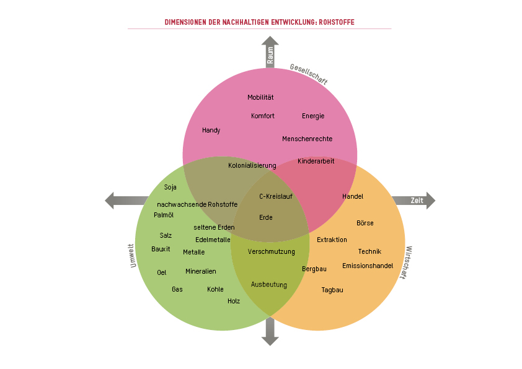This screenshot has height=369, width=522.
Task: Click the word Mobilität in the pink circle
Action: pos(260,97)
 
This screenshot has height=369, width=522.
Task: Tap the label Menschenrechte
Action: pos(307,139)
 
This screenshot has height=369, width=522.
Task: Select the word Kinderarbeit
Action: pos(316,161)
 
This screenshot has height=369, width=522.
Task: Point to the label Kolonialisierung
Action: pos(252,165)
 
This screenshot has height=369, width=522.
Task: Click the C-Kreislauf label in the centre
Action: pos(275,196)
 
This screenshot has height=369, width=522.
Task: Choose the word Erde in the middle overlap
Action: pos(265,217)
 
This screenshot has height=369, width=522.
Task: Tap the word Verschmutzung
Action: pos(271,251)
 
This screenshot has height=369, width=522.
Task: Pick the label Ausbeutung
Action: pos(268,284)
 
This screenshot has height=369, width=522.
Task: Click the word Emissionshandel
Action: pos(368,266)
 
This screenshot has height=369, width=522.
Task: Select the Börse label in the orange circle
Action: pos(365,223)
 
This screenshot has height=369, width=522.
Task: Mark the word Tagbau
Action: pos(332,290)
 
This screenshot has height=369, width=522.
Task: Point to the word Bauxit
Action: pos(161,249)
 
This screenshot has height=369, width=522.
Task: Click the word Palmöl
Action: pos(164,215)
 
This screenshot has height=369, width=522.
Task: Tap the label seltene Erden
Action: pos(214,227)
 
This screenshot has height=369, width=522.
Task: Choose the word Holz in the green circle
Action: pos(233,301)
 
